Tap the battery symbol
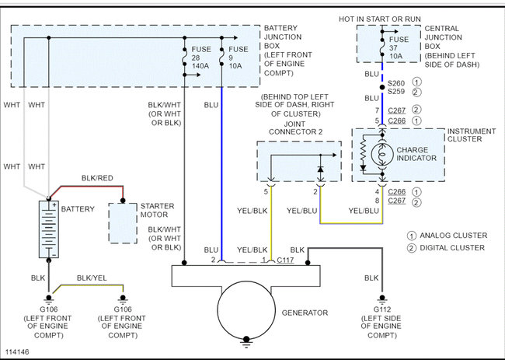tap(49, 229)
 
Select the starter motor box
tap(123, 223)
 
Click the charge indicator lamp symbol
tap(382, 155)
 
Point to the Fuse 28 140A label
tap(201, 58)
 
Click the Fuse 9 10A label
tap(239, 58)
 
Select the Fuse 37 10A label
tap(399, 47)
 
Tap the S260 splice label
tap(396, 83)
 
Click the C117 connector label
tap(285, 260)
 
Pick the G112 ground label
tap(382, 309)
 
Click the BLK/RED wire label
tap(97, 178)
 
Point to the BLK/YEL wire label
tap(92, 278)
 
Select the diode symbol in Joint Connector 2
tap(320, 169)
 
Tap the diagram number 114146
tap(17, 351)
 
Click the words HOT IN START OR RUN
tap(380, 19)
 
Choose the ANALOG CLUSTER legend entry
tap(448, 236)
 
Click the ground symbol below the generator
tap(246, 342)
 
